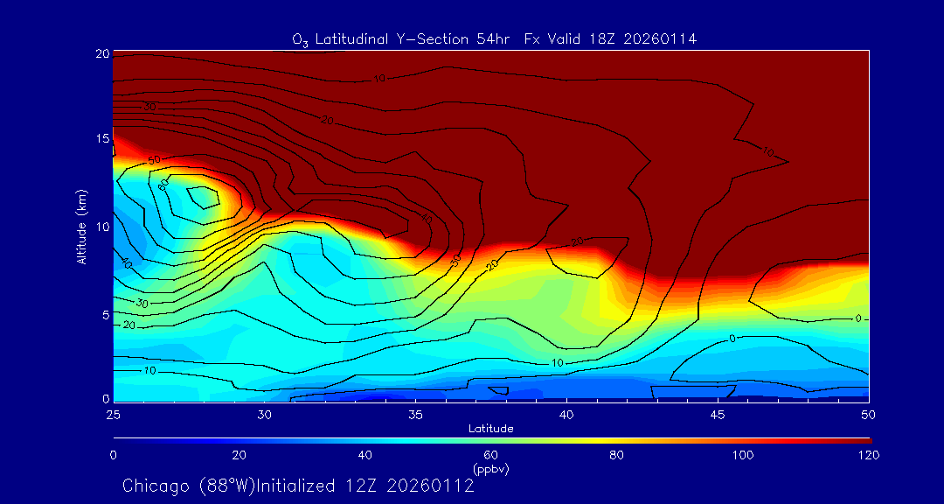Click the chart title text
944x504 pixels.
pyautogui.click(x=494, y=39)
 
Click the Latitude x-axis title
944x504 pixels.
pyautogui.click(x=490, y=429)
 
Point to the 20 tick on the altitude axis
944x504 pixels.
pyautogui.click(x=101, y=53)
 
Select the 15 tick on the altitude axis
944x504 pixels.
pyautogui.click(x=101, y=140)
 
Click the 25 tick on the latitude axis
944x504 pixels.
pyautogui.click(x=113, y=413)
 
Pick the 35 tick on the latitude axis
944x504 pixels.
pyautogui.click(x=415, y=413)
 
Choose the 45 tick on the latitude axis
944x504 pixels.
pyautogui.click(x=718, y=413)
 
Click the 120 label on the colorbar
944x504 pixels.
pyautogui.click(x=869, y=455)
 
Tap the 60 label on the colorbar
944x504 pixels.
pyautogui.click(x=491, y=455)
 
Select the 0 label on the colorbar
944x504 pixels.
pyautogui.click(x=114, y=455)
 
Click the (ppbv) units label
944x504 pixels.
pyautogui.click(x=491, y=469)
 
